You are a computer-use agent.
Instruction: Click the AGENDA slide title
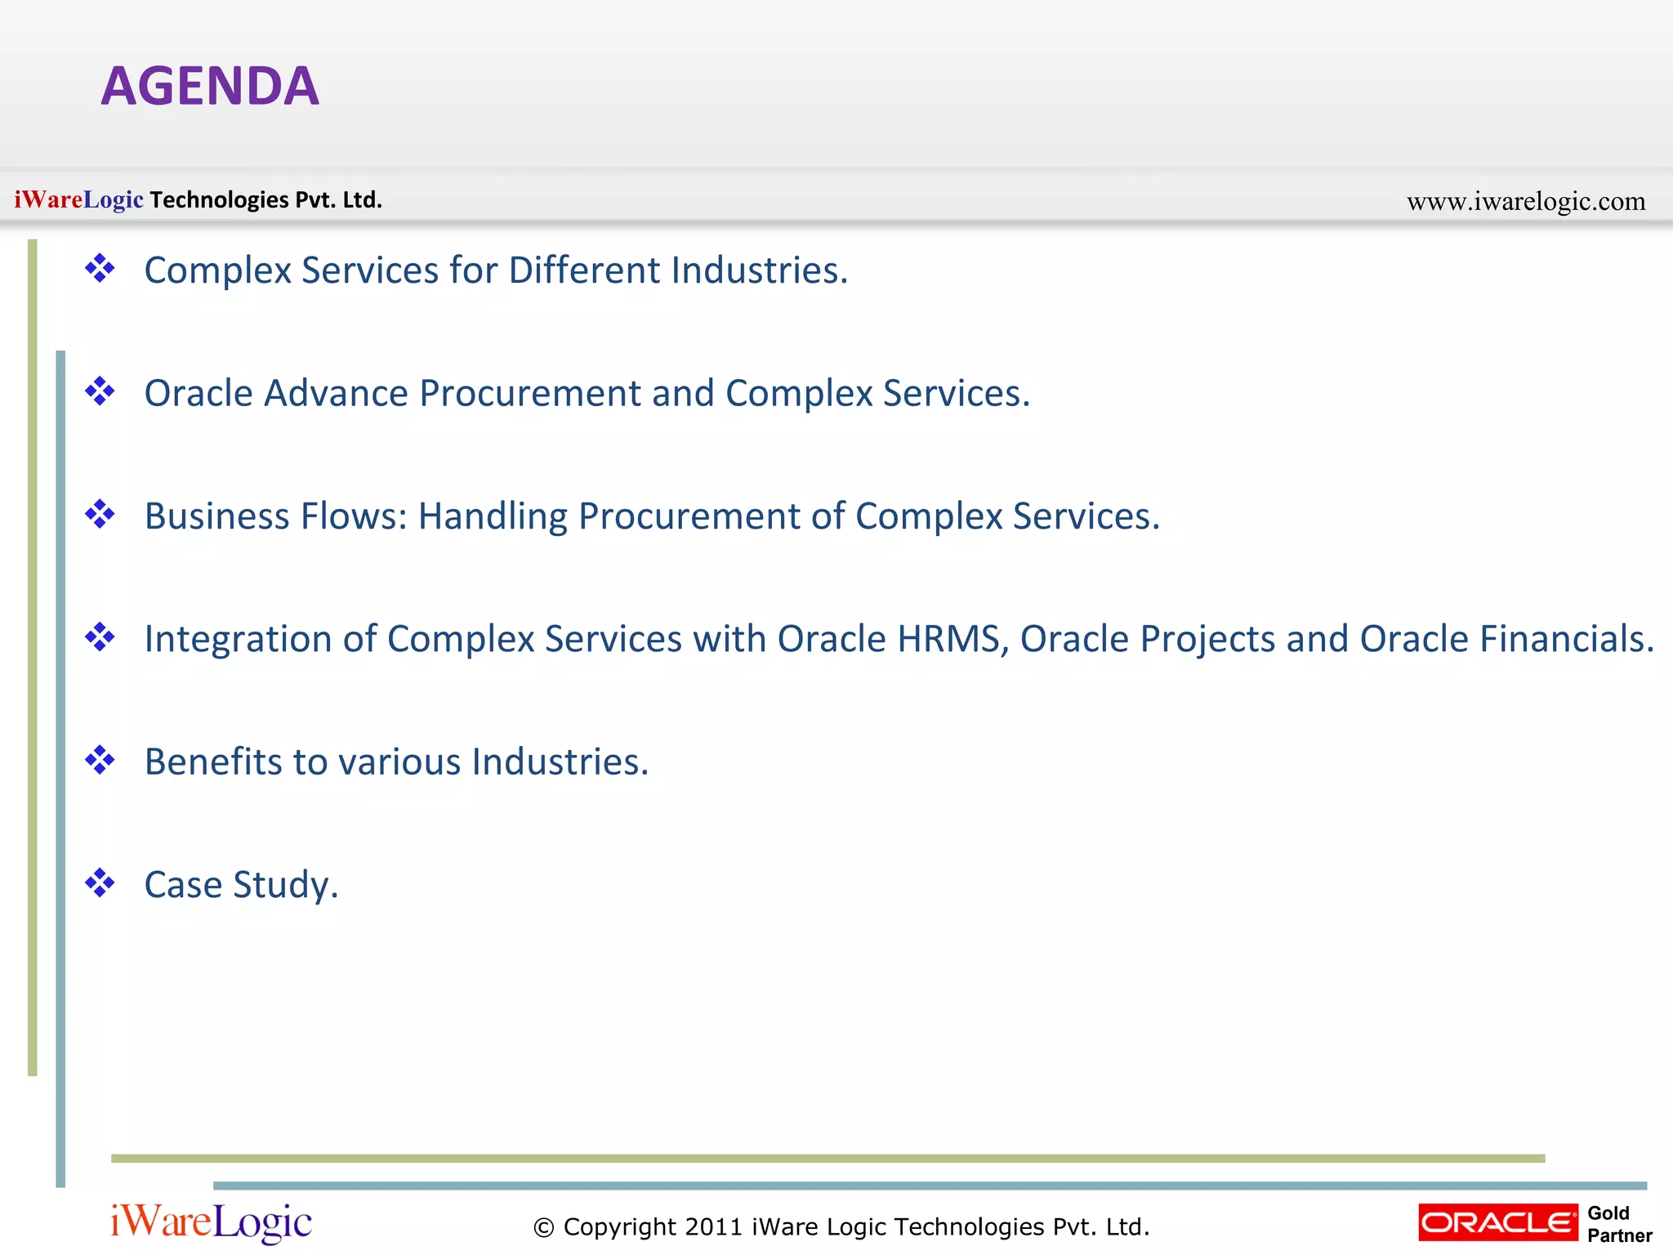pos(210,87)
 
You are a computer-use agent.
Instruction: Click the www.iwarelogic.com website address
pos(1525,201)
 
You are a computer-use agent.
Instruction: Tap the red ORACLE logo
pos(1497,1222)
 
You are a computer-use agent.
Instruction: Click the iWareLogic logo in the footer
pos(211,1222)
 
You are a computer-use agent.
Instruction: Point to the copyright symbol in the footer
pos(543,1227)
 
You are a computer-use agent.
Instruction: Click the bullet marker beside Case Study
pos(100,883)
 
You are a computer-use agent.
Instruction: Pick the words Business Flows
pos(275,516)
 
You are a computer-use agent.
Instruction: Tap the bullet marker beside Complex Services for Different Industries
pos(100,268)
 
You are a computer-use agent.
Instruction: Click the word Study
pos(285,885)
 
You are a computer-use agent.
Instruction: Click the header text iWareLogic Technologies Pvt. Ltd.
pos(199,200)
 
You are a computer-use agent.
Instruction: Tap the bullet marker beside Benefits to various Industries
pos(100,760)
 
